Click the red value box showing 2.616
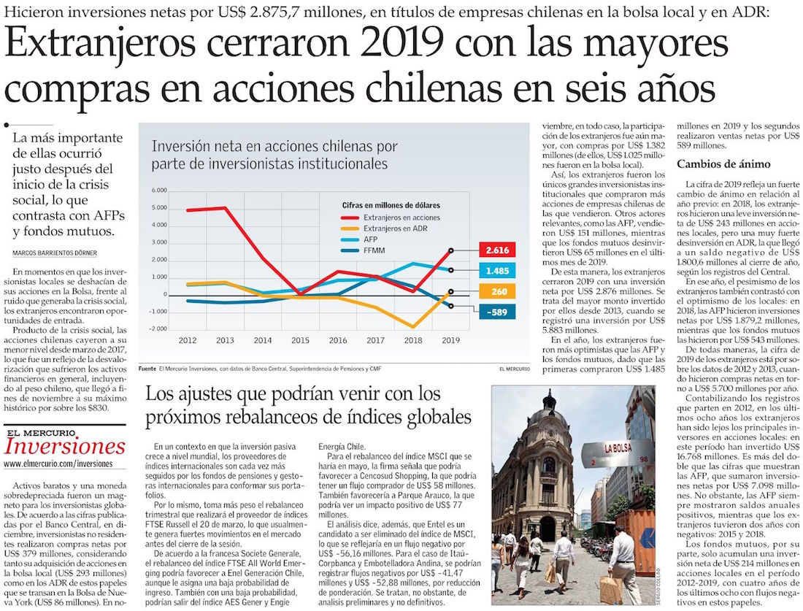click(x=496, y=250)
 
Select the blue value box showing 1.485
click(x=496, y=271)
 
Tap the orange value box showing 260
click(x=496, y=291)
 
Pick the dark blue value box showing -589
click(x=496, y=312)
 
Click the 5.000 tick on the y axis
click(x=158, y=208)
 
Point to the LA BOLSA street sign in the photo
click(x=618, y=447)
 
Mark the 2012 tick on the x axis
click(x=188, y=340)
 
